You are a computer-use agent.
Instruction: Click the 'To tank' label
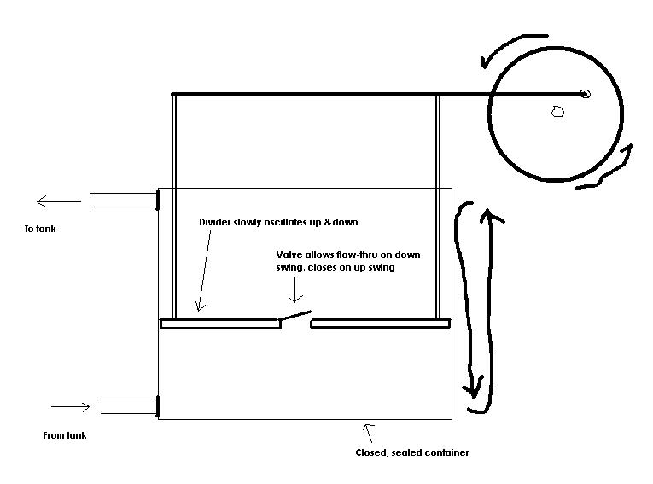coord(40,229)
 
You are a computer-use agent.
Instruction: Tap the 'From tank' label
coord(65,435)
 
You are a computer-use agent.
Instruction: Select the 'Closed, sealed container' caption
coord(412,452)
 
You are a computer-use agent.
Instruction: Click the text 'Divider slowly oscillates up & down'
coord(278,222)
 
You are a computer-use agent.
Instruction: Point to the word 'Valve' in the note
coord(289,254)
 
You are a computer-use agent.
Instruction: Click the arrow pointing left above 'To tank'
coord(59,202)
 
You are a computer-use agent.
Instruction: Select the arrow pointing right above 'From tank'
coord(71,407)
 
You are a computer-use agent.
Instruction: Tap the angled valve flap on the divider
coord(294,315)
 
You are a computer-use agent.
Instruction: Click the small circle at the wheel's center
coord(557,111)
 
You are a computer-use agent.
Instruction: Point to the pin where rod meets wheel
coord(585,94)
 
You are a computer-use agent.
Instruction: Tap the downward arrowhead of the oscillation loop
coord(474,388)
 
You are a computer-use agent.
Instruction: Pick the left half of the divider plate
coord(220,324)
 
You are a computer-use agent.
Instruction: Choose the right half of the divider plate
coord(380,324)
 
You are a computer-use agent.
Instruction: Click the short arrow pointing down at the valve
coord(295,290)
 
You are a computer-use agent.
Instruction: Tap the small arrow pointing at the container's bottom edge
coord(369,433)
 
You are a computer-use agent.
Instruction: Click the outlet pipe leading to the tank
coord(124,200)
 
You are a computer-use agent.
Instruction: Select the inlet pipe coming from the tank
coord(129,406)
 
